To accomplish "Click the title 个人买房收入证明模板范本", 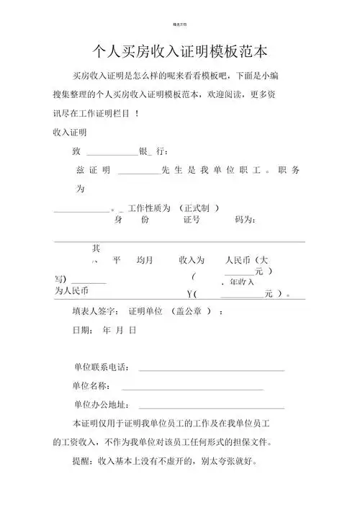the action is pyautogui.click(x=180, y=52).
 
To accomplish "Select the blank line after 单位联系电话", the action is pyautogui.click(x=212, y=370).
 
